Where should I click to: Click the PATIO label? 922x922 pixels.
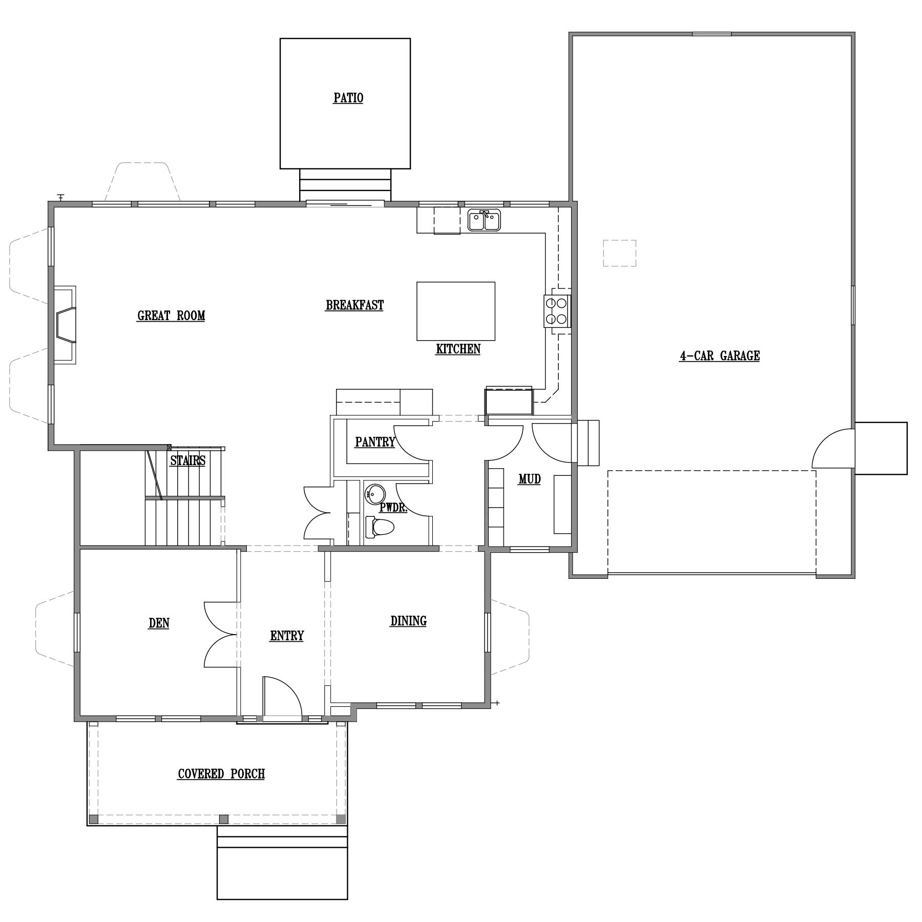tap(348, 98)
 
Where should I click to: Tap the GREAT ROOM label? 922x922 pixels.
tap(171, 316)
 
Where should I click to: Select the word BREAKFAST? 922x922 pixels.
tap(354, 305)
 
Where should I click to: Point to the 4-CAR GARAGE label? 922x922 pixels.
tap(719, 355)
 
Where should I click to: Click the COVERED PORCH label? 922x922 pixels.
tap(221, 773)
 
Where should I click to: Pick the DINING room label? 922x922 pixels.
tap(408, 621)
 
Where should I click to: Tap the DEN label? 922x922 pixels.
tap(159, 623)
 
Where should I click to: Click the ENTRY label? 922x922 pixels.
tap(287, 636)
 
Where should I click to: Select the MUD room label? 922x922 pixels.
tap(529, 479)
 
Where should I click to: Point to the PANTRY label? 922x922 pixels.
tap(375, 442)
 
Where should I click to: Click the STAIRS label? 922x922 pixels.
tap(187, 460)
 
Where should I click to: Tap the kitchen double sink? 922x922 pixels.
tap(484, 220)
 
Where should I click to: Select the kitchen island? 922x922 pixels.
tap(456, 311)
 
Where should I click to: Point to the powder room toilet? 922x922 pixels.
tap(379, 527)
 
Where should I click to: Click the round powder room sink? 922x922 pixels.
tap(374, 494)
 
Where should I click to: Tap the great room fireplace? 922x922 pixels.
tap(65, 325)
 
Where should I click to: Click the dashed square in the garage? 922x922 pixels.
tap(619, 253)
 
